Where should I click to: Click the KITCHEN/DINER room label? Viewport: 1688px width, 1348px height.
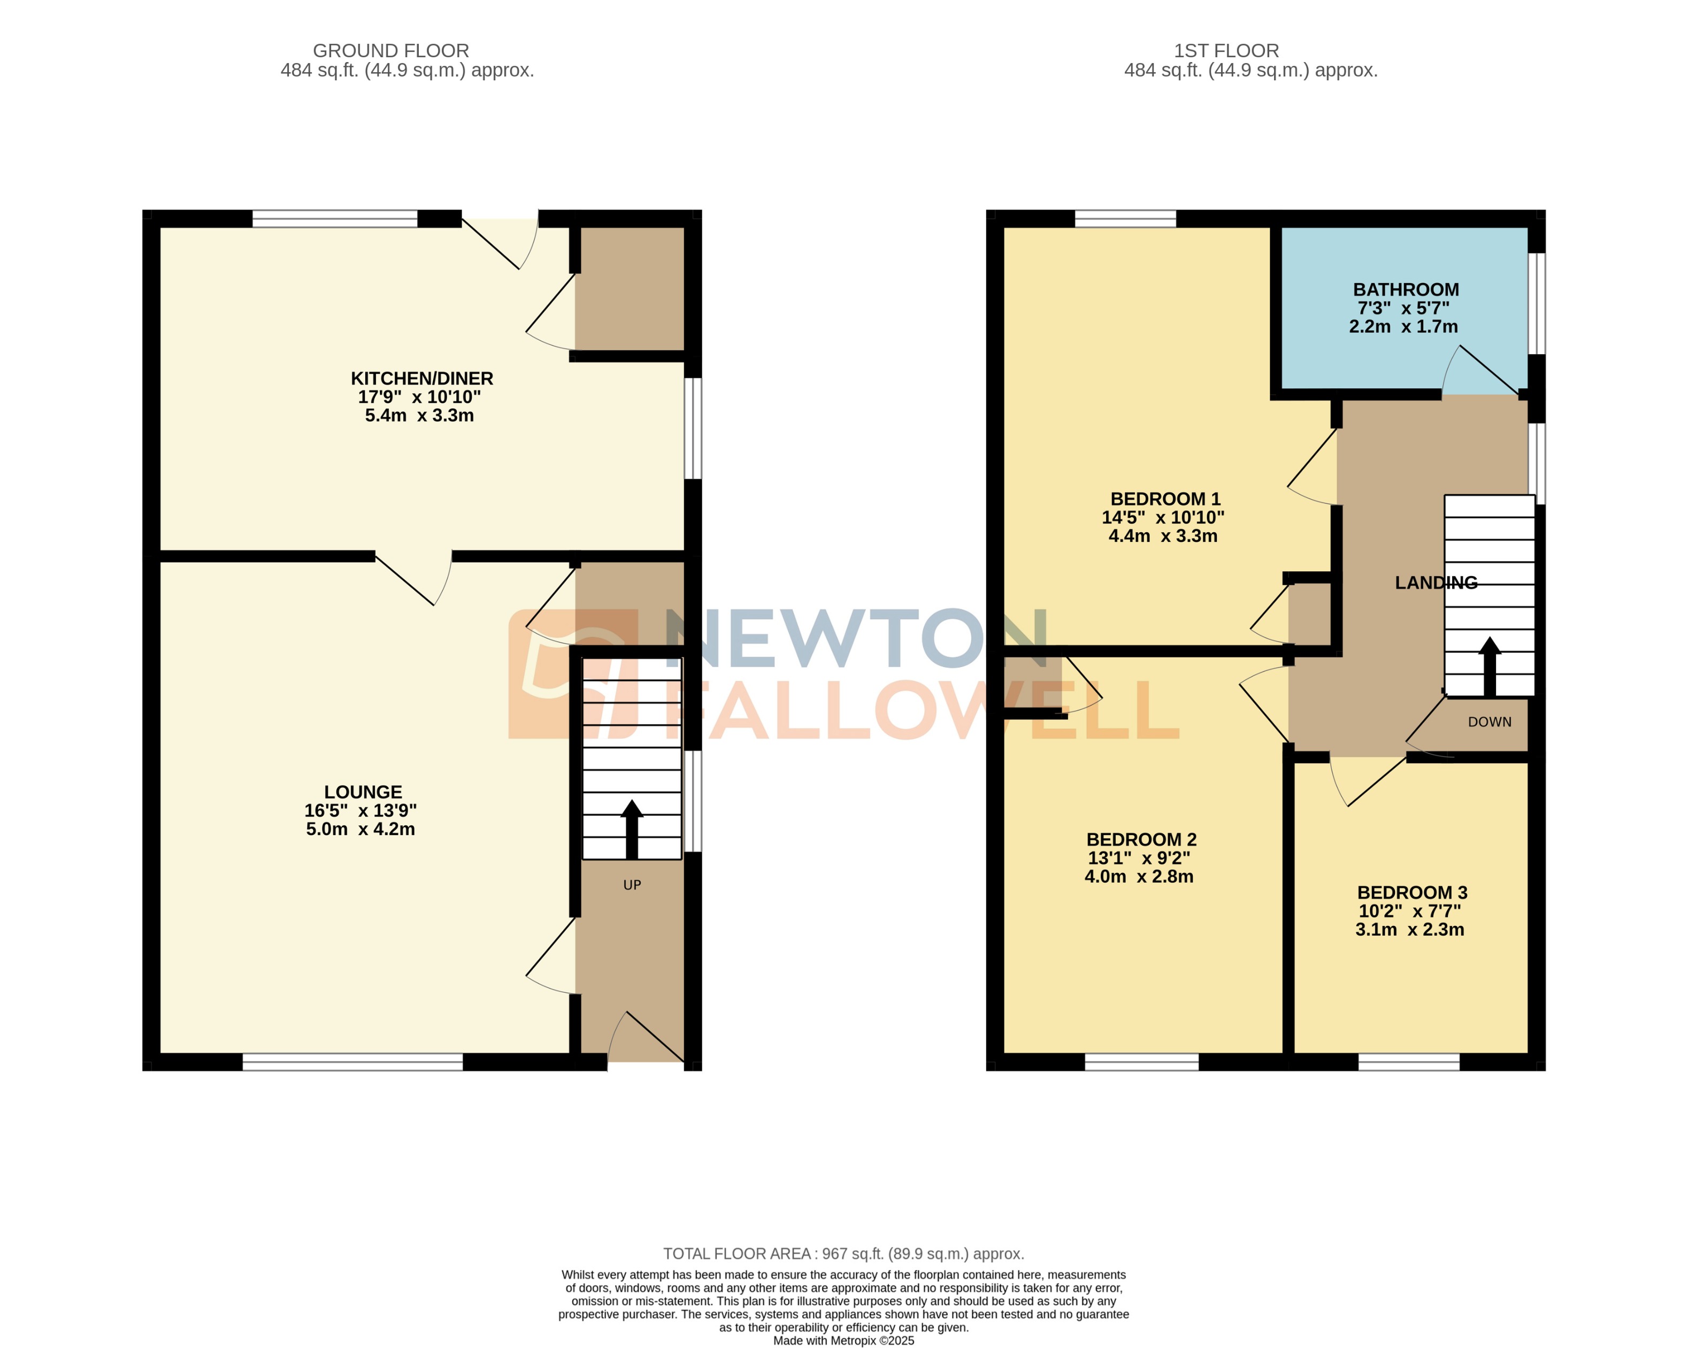[x=421, y=379]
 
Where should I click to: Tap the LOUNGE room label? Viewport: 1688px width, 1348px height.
[x=363, y=792]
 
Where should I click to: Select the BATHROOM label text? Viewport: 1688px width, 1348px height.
[x=1406, y=289]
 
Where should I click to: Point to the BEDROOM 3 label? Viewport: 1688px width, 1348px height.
[x=1411, y=892]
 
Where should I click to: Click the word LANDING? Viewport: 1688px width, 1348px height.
[x=1436, y=583]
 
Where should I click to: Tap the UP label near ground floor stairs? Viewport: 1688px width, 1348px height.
[x=632, y=885]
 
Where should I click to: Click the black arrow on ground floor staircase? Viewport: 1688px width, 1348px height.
[x=631, y=829]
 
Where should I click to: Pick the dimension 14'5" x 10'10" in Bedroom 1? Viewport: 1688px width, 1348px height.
[x=1163, y=517]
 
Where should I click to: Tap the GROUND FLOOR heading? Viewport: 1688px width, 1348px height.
[x=390, y=51]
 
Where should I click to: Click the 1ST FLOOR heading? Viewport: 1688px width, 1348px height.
[x=1226, y=51]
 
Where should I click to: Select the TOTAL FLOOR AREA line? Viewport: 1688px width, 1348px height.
[x=843, y=1253]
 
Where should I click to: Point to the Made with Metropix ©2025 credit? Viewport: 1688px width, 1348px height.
[x=843, y=1340]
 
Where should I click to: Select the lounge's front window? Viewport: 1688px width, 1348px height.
[x=352, y=1061]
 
